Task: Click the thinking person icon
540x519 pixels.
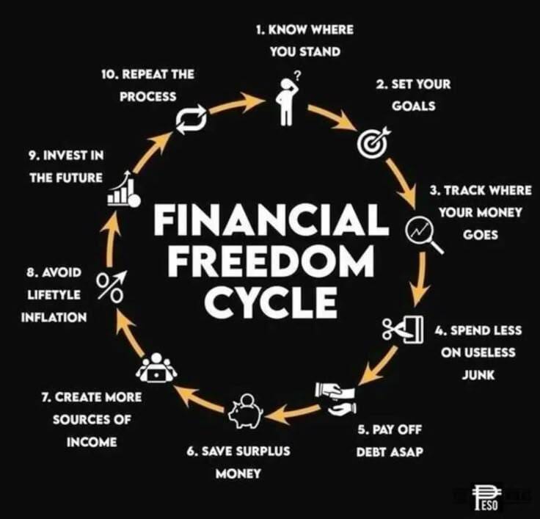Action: pos(286,101)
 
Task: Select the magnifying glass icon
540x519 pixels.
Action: pos(423,235)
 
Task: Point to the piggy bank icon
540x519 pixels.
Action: pos(246,411)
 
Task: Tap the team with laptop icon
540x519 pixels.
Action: pos(156,368)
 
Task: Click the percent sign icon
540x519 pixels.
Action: pos(111,286)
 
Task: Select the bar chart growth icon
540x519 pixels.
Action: pos(124,189)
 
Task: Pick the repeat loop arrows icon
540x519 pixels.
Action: pos(191,120)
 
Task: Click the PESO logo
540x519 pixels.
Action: pos(486,497)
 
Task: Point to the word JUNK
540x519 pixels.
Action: pos(478,374)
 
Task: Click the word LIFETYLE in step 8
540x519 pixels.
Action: pos(54,294)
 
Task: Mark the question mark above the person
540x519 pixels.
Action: pos(298,75)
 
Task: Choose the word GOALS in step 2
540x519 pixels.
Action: pos(413,106)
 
